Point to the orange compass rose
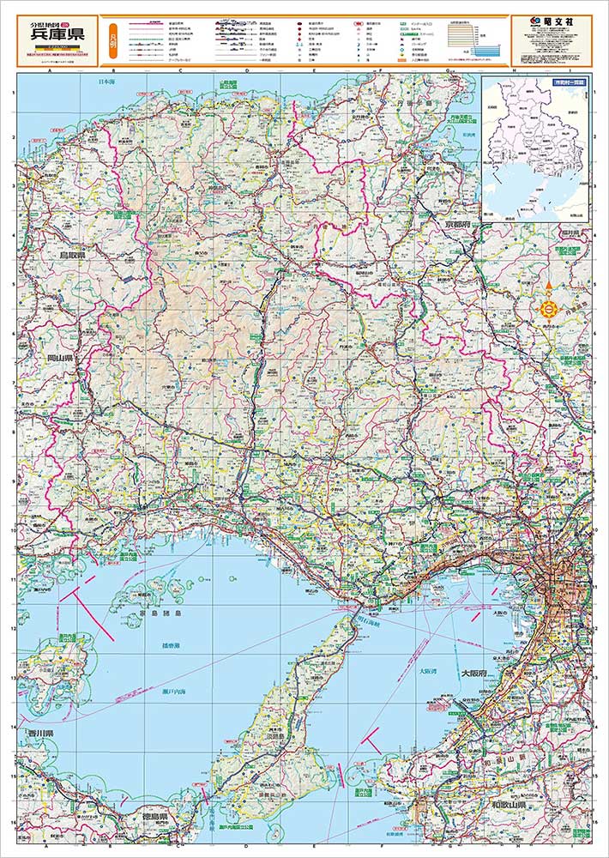pyautogui.click(x=548, y=306)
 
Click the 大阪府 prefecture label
pyautogui.click(x=475, y=674)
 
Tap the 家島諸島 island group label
pyautogui.click(x=160, y=616)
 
